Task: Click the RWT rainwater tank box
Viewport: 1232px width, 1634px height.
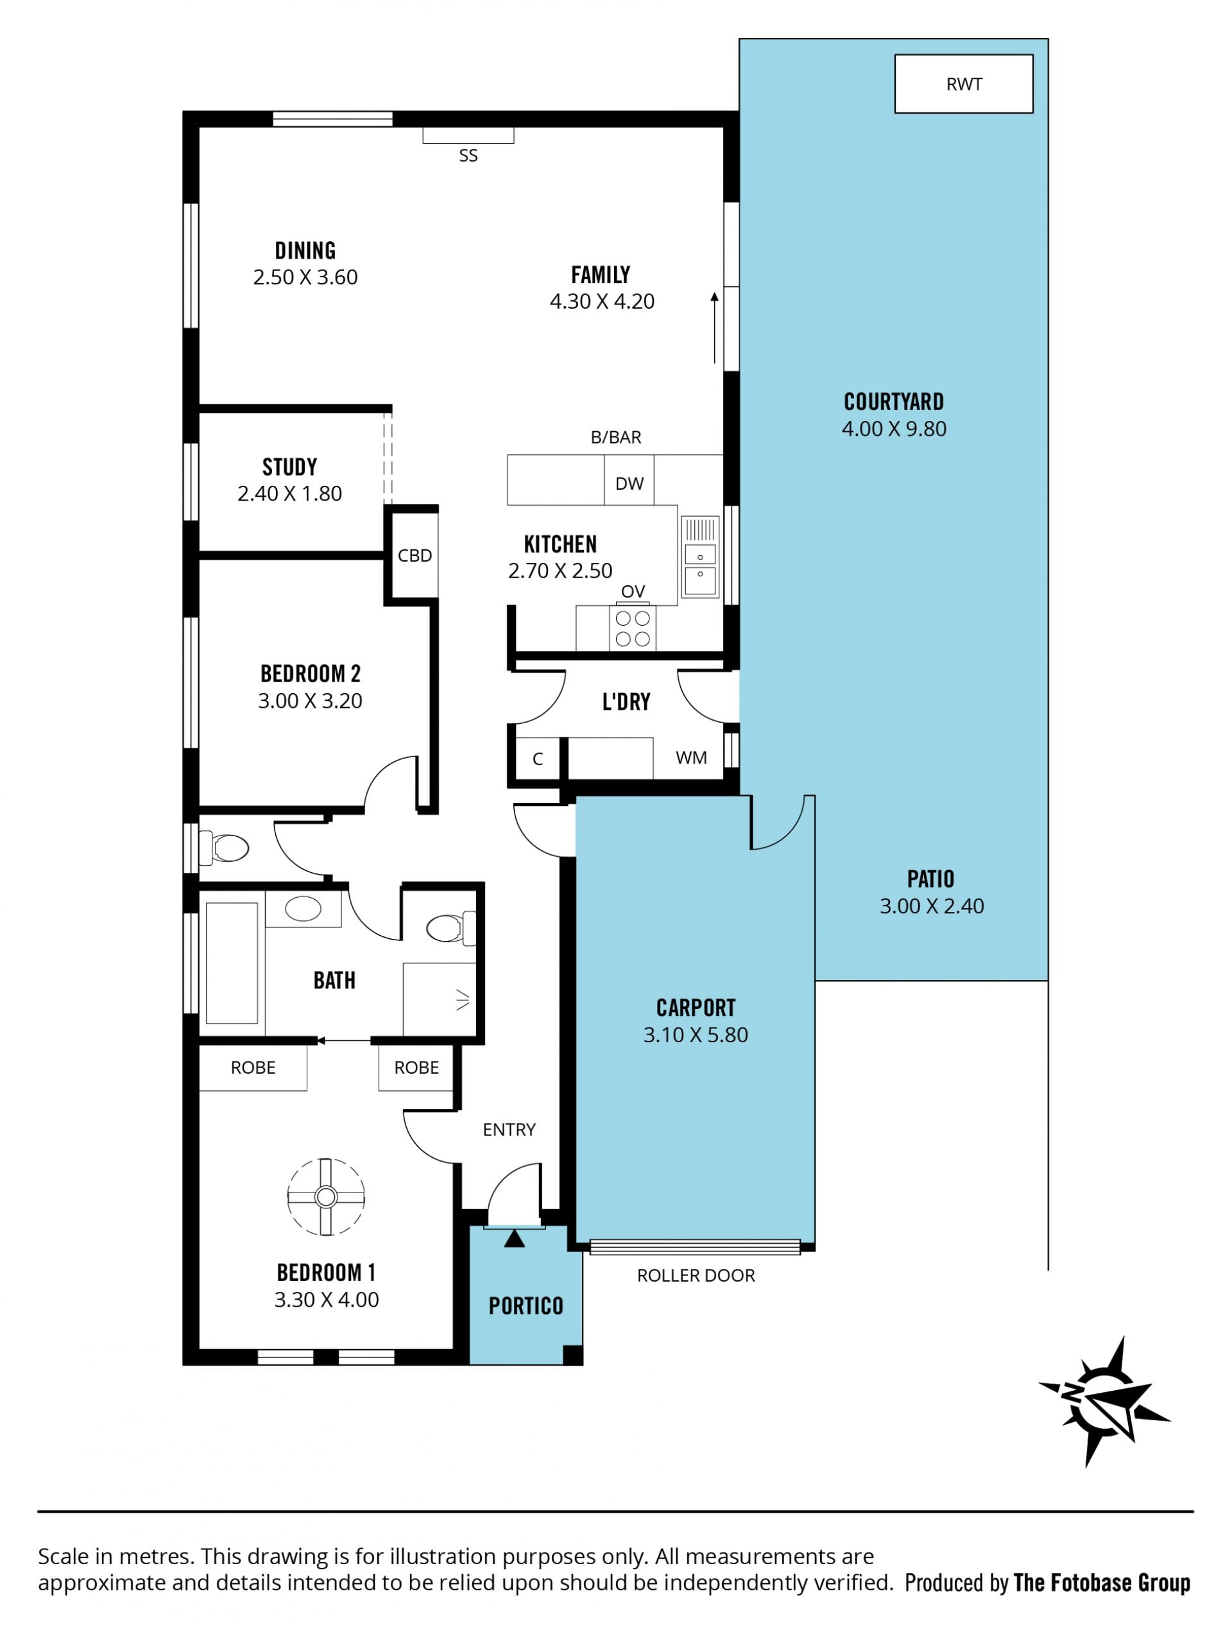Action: (x=963, y=83)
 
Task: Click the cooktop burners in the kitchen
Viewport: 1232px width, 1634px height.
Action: (x=632, y=628)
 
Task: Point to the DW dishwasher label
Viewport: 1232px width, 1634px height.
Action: (x=629, y=484)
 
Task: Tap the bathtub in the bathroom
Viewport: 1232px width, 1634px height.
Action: (x=232, y=963)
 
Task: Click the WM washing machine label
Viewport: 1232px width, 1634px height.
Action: (x=690, y=758)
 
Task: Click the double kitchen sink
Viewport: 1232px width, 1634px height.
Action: (x=699, y=557)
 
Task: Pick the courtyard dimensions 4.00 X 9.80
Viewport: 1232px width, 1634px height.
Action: (x=894, y=429)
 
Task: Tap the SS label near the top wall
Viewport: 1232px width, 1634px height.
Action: (x=468, y=156)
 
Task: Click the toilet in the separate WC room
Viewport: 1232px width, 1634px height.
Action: (x=225, y=848)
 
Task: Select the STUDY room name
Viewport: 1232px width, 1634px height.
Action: (x=289, y=467)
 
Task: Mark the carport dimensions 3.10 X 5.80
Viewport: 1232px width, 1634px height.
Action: (x=695, y=1035)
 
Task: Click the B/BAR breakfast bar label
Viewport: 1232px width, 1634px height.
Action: (x=616, y=437)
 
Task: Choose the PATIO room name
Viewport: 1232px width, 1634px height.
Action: (x=930, y=879)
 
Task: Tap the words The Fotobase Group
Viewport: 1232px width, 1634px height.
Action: (x=1102, y=1583)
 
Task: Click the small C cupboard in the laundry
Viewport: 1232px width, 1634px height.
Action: (x=538, y=759)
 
